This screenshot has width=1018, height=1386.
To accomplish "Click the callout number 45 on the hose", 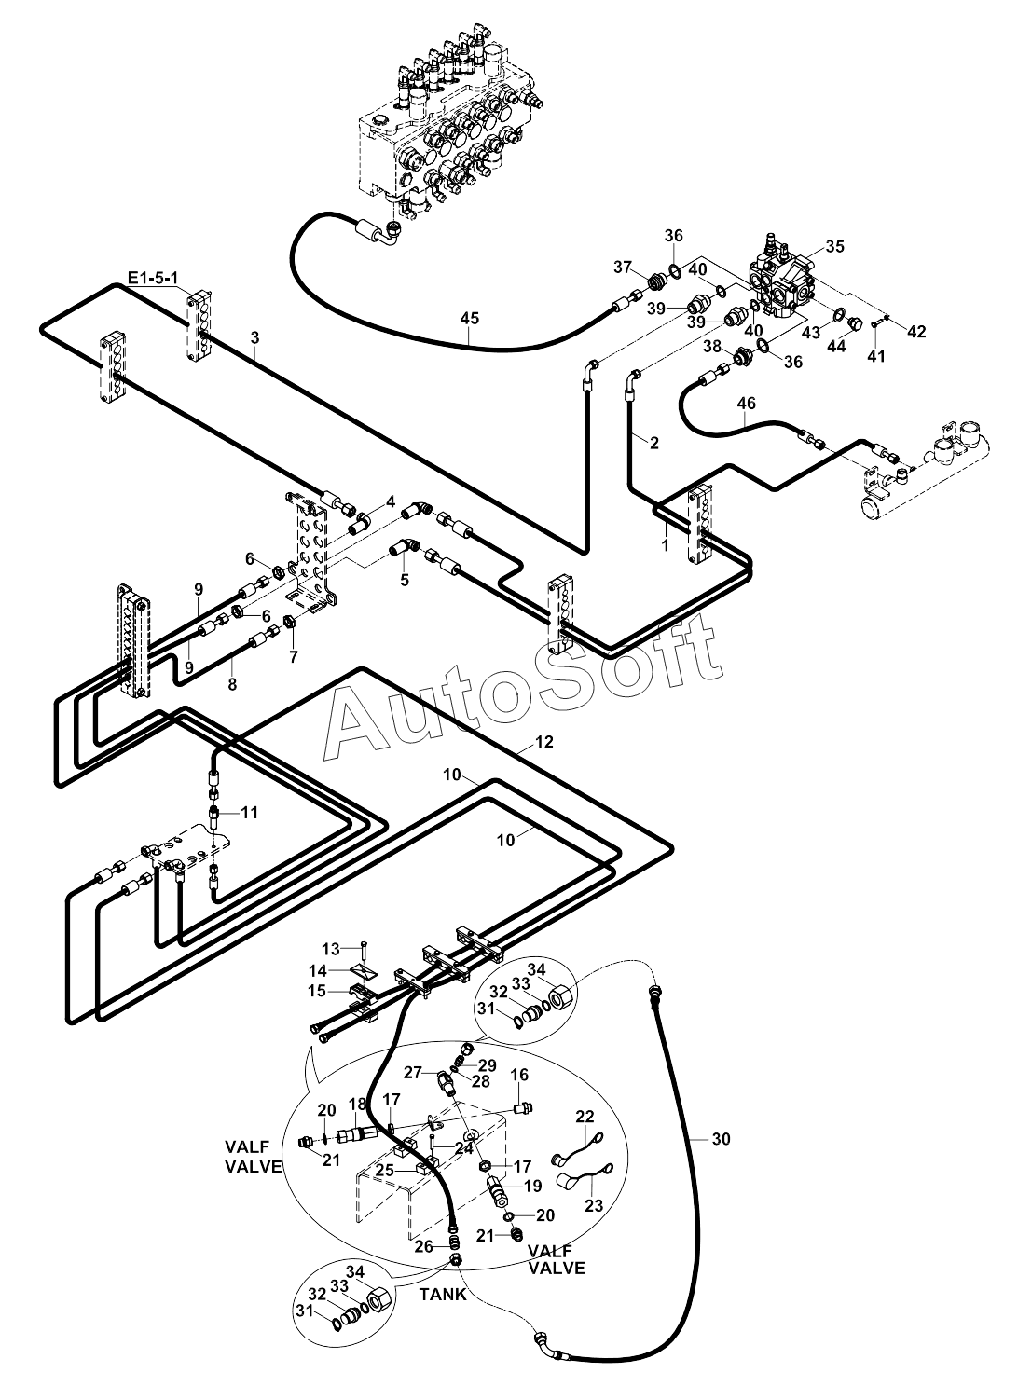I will pyautogui.click(x=469, y=319).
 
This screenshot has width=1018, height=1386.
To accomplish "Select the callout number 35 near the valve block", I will pyautogui.click(x=834, y=246).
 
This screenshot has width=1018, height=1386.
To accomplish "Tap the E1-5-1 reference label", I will pyautogui.click(x=153, y=277).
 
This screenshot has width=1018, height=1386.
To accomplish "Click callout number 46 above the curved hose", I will pyautogui.click(x=747, y=403).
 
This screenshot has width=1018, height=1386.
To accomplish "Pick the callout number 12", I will pyautogui.click(x=544, y=742).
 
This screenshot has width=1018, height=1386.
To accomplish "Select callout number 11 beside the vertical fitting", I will pyautogui.click(x=249, y=812).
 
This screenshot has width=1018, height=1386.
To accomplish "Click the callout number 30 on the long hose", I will pyautogui.click(x=721, y=1138).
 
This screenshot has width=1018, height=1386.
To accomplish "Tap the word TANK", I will pyautogui.click(x=444, y=1294).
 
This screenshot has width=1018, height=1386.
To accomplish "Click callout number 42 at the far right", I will pyautogui.click(x=916, y=332).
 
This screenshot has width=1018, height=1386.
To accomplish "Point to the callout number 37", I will pyautogui.click(x=623, y=268).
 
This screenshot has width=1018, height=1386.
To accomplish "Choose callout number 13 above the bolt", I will pyautogui.click(x=331, y=949).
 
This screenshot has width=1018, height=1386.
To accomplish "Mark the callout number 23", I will pyautogui.click(x=595, y=1204).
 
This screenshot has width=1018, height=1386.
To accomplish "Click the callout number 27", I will pyautogui.click(x=412, y=1072).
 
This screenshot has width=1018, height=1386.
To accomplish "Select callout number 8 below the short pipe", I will pyautogui.click(x=232, y=684).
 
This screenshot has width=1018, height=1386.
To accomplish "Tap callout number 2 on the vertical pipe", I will pyautogui.click(x=654, y=443).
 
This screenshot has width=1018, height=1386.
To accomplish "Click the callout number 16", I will pyautogui.click(x=519, y=1075).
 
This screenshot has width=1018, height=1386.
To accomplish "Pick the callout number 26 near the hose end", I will pyautogui.click(x=423, y=1246).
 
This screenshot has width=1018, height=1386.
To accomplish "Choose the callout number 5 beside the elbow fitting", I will pyautogui.click(x=404, y=580).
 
